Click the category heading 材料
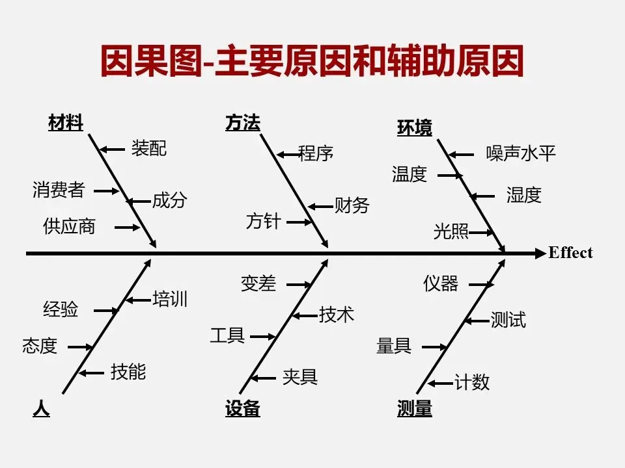[x=66, y=123]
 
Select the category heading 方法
[x=242, y=123]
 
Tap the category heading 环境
[x=414, y=128]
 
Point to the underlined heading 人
[x=41, y=409]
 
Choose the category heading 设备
[x=242, y=409]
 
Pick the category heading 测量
[x=414, y=409]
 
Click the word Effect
[x=570, y=253]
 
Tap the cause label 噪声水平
[x=521, y=154]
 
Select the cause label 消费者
[x=59, y=190]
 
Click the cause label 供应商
[x=69, y=227]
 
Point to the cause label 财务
[x=352, y=206]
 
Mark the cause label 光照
[x=451, y=231]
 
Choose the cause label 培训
[x=170, y=299]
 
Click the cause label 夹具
[x=299, y=377]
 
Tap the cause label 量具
[x=394, y=346]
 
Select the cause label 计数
[x=471, y=383]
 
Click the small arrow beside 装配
[x=112, y=149]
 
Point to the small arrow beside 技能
[x=92, y=373]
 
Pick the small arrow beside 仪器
[x=480, y=284]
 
